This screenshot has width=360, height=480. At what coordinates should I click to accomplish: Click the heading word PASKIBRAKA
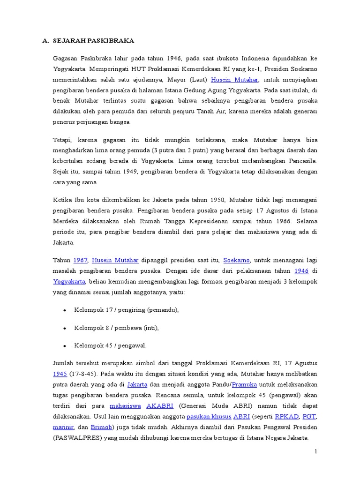click(x=113, y=41)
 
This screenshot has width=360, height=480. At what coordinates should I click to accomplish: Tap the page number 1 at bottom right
click(x=316, y=452)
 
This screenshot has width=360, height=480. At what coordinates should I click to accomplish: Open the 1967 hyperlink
click(x=80, y=260)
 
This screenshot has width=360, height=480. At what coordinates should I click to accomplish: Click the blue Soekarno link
click(x=237, y=260)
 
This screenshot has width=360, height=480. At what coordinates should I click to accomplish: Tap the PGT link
click(x=309, y=417)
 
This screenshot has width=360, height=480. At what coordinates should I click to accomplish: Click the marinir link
click(x=62, y=427)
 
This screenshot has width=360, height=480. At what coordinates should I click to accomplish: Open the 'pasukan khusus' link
click(x=209, y=417)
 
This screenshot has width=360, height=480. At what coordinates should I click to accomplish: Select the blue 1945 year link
click(x=60, y=374)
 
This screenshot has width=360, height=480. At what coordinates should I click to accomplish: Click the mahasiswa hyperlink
click(x=125, y=406)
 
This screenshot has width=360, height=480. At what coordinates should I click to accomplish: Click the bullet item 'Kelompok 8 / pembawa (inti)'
click(x=116, y=328)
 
